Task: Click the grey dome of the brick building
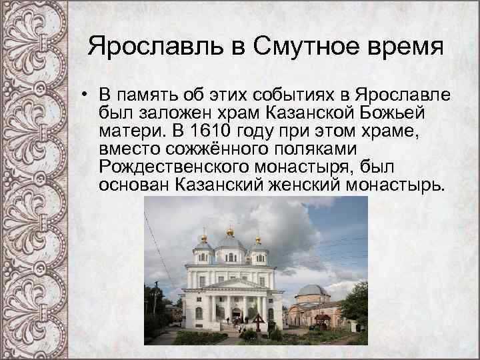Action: pos(312,291)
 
